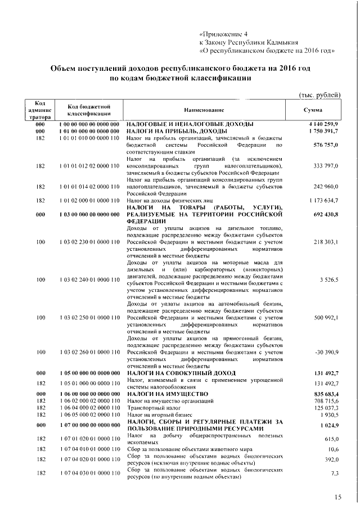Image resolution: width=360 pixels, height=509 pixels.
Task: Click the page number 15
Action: [337, 497]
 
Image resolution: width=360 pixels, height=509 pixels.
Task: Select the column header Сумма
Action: [313, 110]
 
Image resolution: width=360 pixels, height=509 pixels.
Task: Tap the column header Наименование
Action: [204, 110]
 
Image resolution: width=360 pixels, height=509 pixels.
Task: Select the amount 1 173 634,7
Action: [324, 200]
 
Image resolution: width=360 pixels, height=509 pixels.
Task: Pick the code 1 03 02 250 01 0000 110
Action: [89, 318]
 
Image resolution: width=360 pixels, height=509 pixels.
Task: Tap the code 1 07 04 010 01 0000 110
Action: [89, 449]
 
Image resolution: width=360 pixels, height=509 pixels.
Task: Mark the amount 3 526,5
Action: [328, 280]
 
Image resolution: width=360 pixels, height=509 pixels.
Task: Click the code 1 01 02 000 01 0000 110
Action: [89, 200]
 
